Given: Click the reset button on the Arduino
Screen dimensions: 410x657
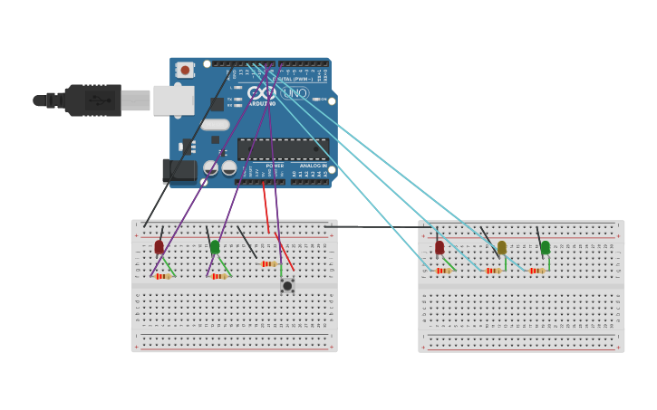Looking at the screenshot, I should (185, 70).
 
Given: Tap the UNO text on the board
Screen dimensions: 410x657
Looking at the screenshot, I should (295, 93).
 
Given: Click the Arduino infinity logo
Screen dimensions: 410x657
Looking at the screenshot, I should (260, 92).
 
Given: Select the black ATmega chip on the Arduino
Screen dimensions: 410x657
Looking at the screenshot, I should (282, 148).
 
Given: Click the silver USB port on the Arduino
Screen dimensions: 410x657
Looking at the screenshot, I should (173, 100).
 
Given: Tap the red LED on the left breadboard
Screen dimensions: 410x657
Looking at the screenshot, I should (159, 247).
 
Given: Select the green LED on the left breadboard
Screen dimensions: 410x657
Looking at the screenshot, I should (215, 247).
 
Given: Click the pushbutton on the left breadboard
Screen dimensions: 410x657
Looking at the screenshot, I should (287, 286).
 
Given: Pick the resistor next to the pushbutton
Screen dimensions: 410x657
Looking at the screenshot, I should (269, 264).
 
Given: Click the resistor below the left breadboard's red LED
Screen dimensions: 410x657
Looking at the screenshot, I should (163, 276).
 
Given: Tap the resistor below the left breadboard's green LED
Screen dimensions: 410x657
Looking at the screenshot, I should (218, 276).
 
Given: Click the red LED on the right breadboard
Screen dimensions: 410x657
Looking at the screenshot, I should (440, 248).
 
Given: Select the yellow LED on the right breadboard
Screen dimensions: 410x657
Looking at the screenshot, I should (502, 248).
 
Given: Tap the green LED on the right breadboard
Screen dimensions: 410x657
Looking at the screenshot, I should (545, 248).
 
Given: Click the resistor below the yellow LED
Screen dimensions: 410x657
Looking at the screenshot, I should (493, 271).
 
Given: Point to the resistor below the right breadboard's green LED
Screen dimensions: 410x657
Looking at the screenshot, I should (536, 271).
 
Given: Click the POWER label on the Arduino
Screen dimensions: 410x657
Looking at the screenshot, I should (275, 166).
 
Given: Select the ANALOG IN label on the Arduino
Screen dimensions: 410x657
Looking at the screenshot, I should (314, 166).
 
